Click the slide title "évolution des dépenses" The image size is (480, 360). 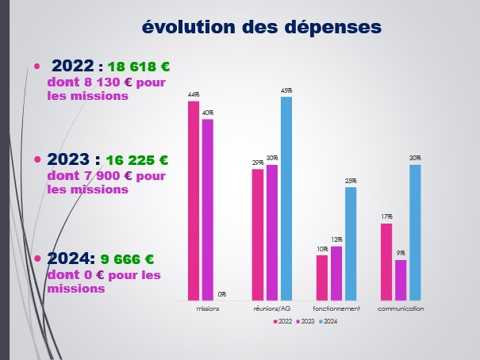(262, 27)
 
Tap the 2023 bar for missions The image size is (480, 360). (208, 209)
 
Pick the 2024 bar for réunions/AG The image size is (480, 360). (286, 197)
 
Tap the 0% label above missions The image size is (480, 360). (222, 294)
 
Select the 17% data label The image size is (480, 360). (386, 216)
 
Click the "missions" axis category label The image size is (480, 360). (208, 308)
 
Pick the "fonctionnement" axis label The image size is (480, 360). (336, 308)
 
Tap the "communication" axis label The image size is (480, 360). (401, 308)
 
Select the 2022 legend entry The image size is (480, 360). (282, 321)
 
